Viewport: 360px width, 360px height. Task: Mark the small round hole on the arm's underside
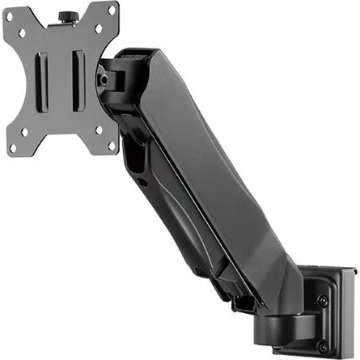(142, 182)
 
